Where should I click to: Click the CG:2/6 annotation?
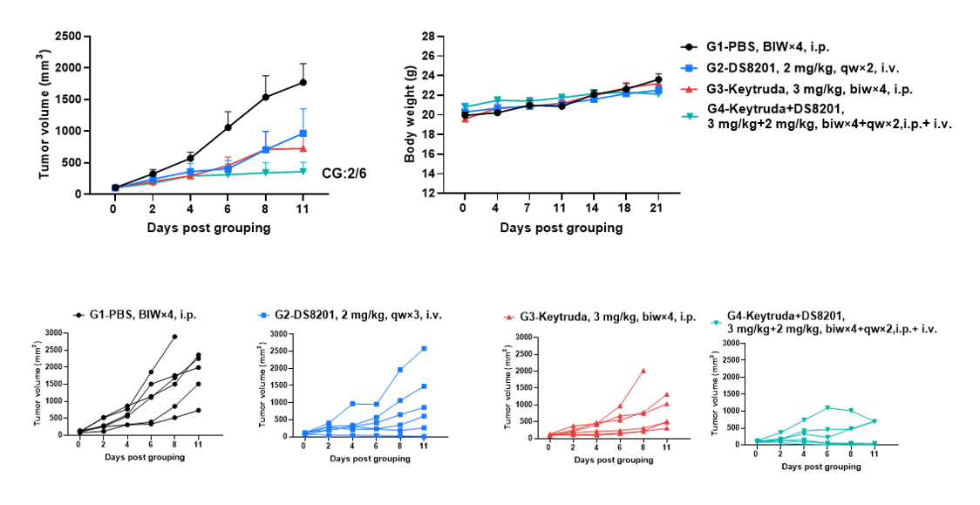(344, 173)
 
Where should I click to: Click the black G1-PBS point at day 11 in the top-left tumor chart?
(303, 82)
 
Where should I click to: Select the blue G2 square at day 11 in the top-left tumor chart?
(303, 133)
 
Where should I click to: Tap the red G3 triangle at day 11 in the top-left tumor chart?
(303, 148)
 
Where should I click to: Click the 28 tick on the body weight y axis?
(428, 37)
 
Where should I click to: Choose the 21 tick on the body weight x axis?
(657, 207)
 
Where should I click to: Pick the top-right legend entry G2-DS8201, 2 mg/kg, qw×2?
(793, 68)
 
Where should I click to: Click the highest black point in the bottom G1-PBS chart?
(174, 337)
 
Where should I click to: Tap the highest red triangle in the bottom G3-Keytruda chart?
(643, 371)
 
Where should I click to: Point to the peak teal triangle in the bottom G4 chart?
(827, 408)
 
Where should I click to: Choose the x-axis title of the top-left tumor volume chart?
(208, 228)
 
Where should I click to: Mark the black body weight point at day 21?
(657, 80)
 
